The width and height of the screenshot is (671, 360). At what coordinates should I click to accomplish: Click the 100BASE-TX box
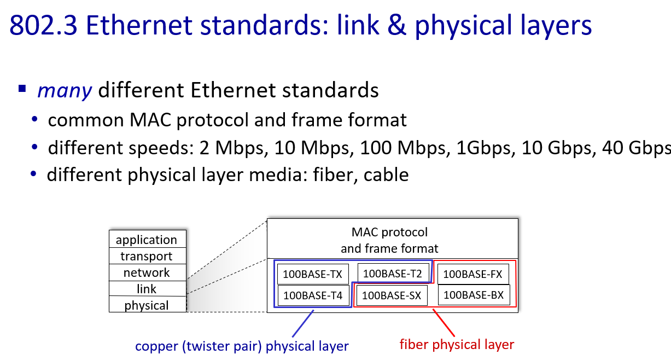[313, 274]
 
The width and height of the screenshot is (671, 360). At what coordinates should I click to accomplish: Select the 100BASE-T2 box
[393, 273]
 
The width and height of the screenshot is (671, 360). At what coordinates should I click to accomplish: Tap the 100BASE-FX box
[473, 274]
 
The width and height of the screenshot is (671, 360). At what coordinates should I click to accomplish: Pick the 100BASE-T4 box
[313, 295]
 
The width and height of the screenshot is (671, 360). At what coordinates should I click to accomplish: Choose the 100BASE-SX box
[392, 295]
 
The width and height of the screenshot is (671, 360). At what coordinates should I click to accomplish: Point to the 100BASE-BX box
[474, 295]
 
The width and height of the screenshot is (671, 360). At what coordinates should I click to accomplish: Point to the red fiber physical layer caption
[457, 345]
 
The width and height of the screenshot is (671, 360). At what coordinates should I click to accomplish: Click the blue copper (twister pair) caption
[242, 346]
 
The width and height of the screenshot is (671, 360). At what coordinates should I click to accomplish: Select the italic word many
[65, 90]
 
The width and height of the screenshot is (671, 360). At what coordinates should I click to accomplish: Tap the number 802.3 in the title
[43, 25]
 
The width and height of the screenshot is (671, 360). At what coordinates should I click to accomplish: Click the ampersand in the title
[396, 25]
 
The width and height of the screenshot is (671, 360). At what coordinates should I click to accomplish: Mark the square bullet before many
[22, 89]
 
